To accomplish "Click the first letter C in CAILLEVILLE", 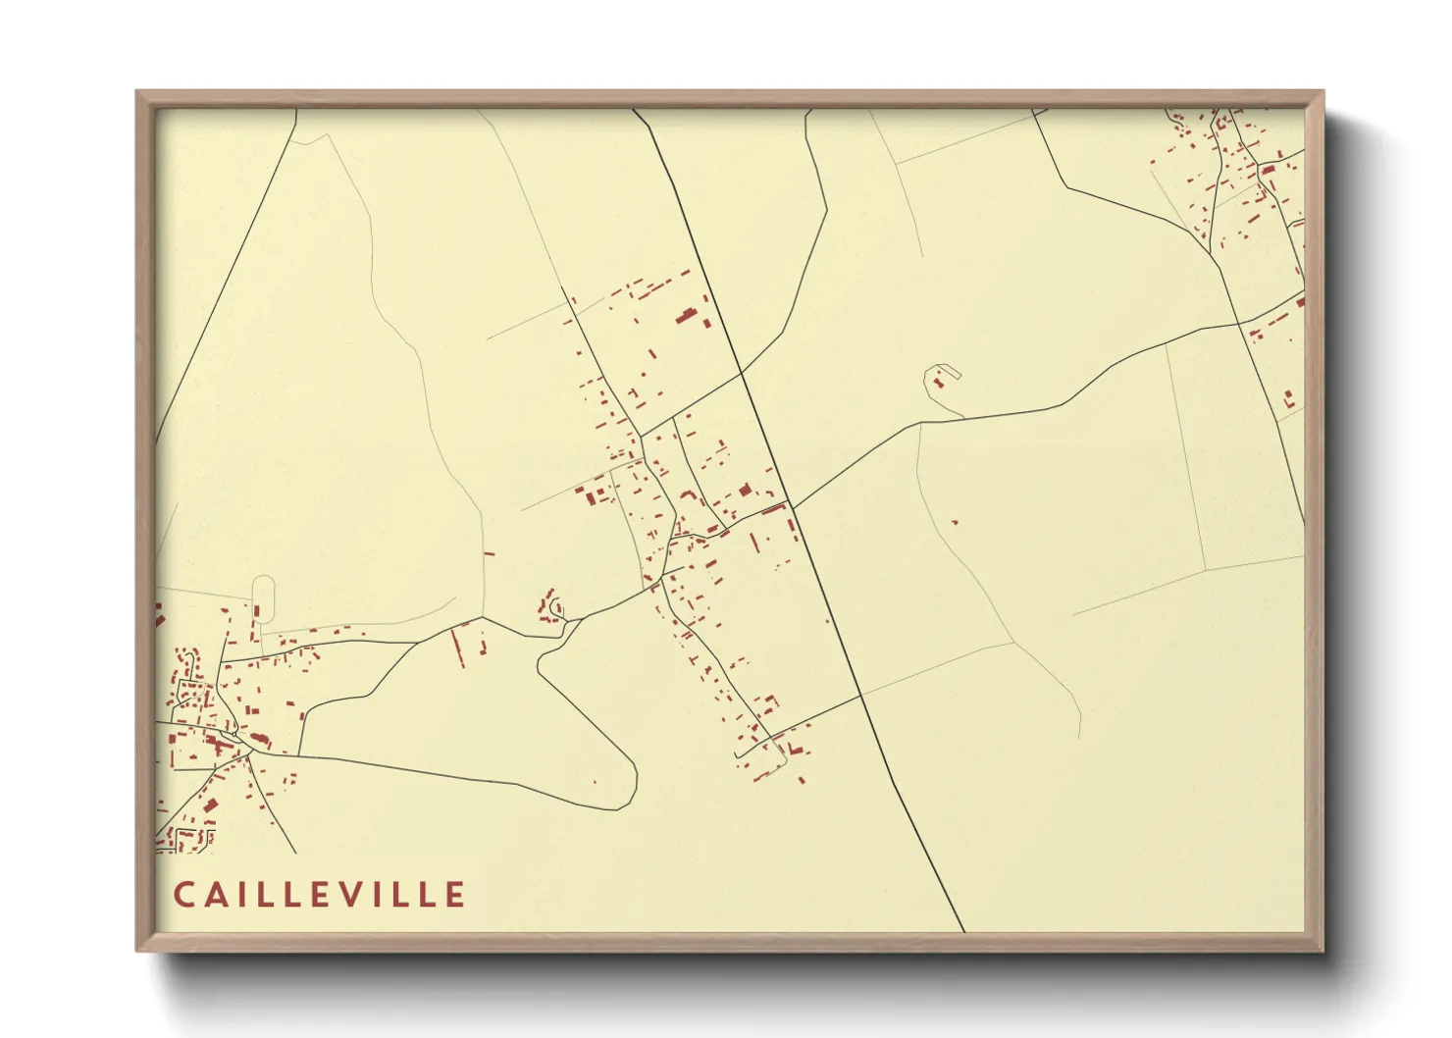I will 183,895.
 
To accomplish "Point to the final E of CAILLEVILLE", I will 456,895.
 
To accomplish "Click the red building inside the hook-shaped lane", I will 938,381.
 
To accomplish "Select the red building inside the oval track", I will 257,610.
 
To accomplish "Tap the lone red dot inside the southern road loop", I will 595,782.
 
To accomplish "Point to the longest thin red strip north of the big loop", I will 456,648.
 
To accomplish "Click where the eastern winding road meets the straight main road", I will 793,507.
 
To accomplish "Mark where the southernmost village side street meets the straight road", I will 860,696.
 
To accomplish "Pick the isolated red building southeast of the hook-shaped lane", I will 954,522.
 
